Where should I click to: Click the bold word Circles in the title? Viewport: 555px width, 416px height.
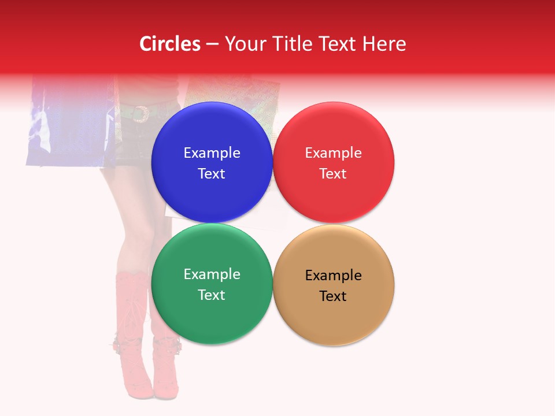point(169,44)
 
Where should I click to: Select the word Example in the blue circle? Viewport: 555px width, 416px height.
point(212,153)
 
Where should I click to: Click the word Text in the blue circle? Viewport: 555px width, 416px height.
point(212,174)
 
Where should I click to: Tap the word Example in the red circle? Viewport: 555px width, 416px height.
point(333,153)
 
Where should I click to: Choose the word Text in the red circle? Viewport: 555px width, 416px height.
point(333,174)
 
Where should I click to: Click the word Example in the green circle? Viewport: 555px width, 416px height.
point(212,274)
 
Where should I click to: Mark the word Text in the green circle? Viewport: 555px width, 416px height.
point(212,295)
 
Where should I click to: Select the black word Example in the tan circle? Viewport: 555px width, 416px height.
point(333,276)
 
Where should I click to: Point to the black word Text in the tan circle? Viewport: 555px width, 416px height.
point(333,296)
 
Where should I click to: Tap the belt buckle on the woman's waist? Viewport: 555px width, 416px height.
point(139,114)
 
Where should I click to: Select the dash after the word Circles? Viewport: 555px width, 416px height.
point(212,44)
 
